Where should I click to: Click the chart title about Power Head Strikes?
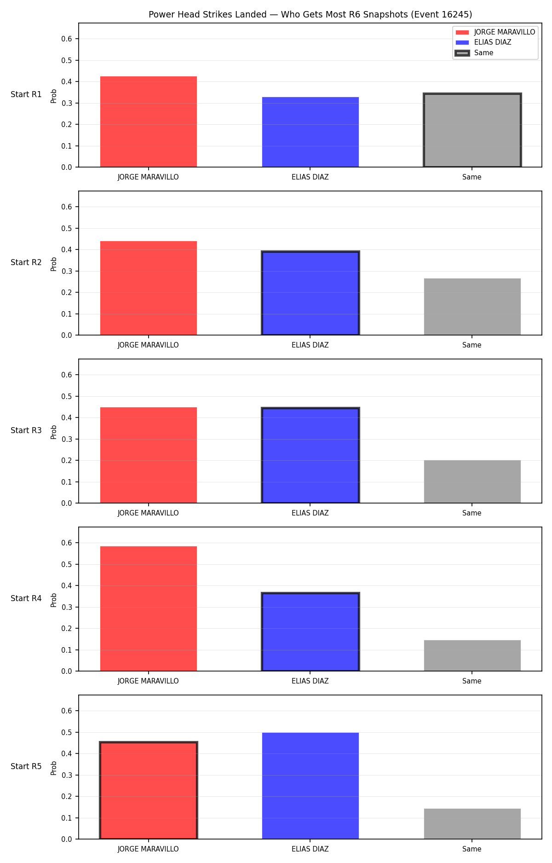click(310, 14)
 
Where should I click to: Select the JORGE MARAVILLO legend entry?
click(495, 32)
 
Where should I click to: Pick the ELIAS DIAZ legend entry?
click(483, 42)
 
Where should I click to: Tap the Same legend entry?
click(474, 53)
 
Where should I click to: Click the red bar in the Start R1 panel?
click(149, 122)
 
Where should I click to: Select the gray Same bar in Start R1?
click(472, 130)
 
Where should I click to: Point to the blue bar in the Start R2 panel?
click(310, 293)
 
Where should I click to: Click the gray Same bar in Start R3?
click(472, 481)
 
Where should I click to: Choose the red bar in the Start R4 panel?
click(149, 608)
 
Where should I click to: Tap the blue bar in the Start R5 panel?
click(310, 786)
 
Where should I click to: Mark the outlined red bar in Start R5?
click(149, 791)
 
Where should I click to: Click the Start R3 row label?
click(26, 430)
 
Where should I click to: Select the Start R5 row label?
click(26, 766)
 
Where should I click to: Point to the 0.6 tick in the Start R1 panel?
click(67, 39)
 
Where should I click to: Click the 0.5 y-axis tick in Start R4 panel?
click(67, 564)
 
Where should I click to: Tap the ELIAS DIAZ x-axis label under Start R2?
click(310, 345)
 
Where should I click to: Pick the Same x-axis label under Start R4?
click(472, 681)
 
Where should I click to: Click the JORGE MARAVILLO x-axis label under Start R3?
click(148, 513)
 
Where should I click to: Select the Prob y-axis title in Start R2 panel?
click(54, 264)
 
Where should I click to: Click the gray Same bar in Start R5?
click(472, 824)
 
